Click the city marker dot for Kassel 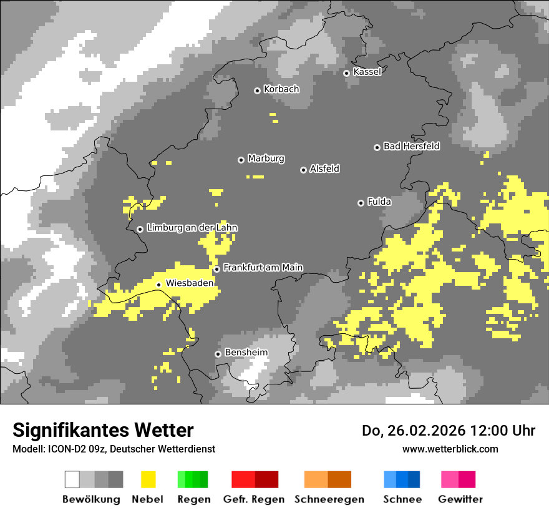click(346, 73)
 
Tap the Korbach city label click(281, 89)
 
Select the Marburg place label click(266, 159)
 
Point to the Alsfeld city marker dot click(303, 170)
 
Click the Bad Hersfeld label click(411, 146)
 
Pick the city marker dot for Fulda click(361, 203)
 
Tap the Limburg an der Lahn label click(192, 228)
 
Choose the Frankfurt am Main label click(263, 268)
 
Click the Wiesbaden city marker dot click(158, 285)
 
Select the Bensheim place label click(246, 353)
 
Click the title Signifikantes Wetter click(103, 430)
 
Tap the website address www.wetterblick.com click(450, 449)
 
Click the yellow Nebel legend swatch click(148, 479)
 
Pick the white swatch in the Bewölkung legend click(72, 479)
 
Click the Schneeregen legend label click(329, 499)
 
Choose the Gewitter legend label click(460, 499)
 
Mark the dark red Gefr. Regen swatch click(267, 479)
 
